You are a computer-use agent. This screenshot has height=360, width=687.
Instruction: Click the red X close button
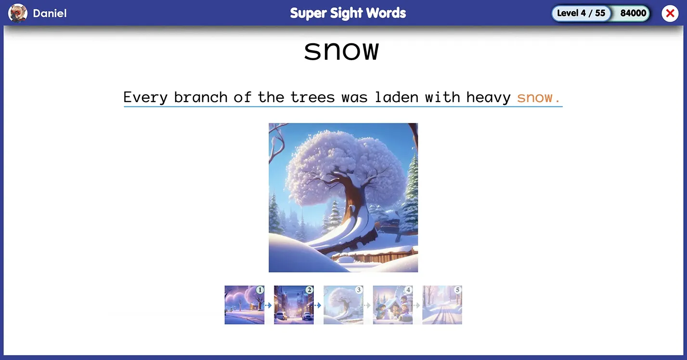point(670,13)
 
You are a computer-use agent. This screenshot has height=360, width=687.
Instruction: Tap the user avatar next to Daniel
point(17,13)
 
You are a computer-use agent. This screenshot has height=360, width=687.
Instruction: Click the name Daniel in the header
point(50,13)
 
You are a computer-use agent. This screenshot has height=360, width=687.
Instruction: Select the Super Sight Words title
point(348,13)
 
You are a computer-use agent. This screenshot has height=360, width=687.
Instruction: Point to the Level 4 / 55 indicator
point(581,13)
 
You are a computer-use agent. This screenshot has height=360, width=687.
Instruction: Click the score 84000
point(633,13)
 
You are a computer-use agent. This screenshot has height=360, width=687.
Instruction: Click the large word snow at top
point(341,51)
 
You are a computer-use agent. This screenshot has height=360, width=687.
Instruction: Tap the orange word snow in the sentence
point(535,98)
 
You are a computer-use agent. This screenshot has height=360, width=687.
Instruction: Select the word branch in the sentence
point(201,97)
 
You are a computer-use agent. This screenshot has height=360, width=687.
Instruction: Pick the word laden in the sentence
point(397,97)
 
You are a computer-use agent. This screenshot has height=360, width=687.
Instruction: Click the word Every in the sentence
point(145,98)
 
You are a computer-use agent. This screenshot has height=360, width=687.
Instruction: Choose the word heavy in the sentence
point(488,98)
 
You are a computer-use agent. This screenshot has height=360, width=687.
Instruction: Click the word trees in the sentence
point(312,98)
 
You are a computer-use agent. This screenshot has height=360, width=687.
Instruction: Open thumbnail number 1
point(245,305)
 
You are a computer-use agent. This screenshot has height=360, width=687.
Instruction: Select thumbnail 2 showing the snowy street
point(294,305)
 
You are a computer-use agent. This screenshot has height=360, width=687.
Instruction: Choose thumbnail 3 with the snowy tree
point(343,305)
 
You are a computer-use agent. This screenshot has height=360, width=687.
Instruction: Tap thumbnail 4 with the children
point(393,305)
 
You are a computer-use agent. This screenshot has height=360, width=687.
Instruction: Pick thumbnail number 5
point(442,305)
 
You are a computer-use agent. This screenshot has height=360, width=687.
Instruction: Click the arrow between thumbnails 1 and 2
point(269,306)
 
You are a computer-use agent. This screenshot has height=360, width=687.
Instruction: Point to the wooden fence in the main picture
point(376,257)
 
